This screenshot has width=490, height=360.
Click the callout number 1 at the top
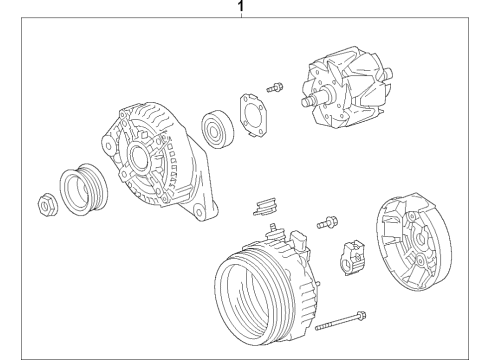pyautogui.click(x=241, y=6)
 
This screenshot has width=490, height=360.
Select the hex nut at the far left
pyautogui.click(x=47, y=204)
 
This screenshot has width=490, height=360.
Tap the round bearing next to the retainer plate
pyautogui.click(x=217, y=129)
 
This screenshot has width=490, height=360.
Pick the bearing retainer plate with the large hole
pyautogui.click(x=254, y=115)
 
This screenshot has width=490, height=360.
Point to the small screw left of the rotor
pyautogui.click(x=275, y=87)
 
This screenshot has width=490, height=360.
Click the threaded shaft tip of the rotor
pyautogui.click(x=306, y=101)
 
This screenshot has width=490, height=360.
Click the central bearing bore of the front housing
pyautogui.click(x=137, y=156)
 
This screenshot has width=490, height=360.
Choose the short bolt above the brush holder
pyautogui.click(x=327, y=222)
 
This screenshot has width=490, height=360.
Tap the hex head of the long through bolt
pyautogui.click(x=361, y=315)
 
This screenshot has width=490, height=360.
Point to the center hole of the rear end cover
pyautogui.click(x=421, y=239)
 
